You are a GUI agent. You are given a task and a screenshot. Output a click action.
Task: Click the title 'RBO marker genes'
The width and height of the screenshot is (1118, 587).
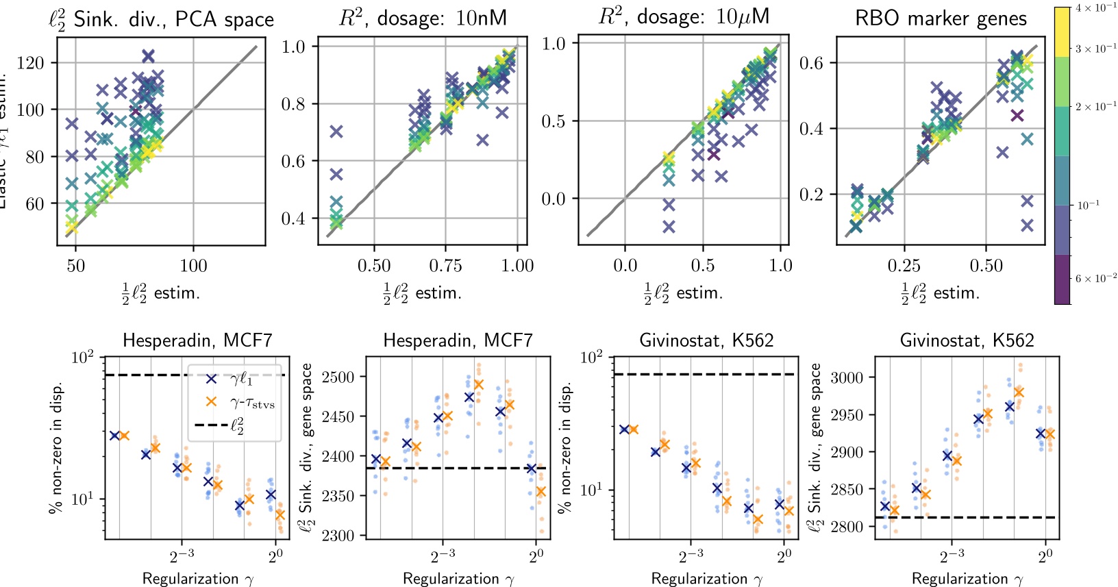click(941, 18)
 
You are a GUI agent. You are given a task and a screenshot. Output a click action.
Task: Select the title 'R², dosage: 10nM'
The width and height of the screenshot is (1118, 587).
click(423, 18)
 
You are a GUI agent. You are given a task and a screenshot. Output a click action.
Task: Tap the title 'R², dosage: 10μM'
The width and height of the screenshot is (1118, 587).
click(684, 16)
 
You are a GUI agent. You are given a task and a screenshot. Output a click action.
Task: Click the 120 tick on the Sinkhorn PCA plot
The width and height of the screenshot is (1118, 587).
click(30, 63)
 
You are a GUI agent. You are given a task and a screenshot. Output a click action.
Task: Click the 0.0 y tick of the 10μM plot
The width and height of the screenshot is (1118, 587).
click(554, 199)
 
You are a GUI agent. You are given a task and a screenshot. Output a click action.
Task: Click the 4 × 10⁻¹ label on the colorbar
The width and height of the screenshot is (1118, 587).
click(1095, 8)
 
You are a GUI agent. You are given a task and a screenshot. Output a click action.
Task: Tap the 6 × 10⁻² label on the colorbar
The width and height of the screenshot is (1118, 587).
click(1095, 278)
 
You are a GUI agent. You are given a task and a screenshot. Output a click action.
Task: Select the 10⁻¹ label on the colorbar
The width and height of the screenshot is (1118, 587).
click(1089, 205)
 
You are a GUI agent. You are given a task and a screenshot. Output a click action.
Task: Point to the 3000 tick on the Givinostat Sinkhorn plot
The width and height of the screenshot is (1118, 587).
click(849, 377)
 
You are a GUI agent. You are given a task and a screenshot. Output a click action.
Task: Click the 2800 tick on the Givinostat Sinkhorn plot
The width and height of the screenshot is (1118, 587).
click(849, 527)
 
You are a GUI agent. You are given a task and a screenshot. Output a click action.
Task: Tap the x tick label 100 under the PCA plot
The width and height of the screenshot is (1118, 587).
click(193, 266)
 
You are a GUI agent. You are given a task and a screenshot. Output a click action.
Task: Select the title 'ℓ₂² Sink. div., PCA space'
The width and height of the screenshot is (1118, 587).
click(161, 18)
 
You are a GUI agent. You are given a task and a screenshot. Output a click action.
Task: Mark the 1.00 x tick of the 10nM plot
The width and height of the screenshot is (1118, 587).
click(517, 266)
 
